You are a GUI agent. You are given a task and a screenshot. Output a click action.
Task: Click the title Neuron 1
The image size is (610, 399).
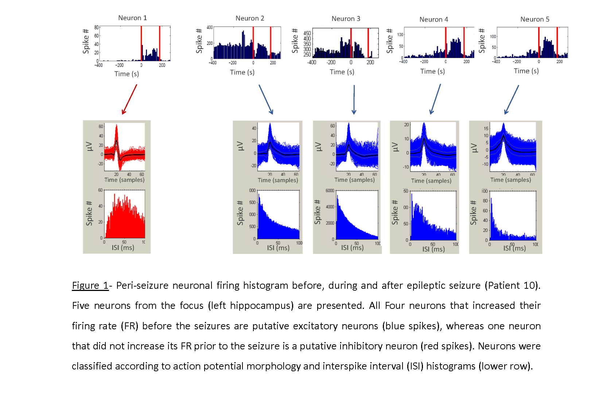(132, 18)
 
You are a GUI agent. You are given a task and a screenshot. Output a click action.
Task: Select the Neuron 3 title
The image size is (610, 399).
(346, 19)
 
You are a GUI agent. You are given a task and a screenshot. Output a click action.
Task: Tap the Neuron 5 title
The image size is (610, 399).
(535, 19)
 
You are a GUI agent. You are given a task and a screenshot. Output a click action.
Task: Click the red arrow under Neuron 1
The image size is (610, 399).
(129, 99)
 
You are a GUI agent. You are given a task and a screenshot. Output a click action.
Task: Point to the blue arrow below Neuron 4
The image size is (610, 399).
(436, 99)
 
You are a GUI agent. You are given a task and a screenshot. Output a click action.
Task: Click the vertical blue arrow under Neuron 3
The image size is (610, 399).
(354, 99)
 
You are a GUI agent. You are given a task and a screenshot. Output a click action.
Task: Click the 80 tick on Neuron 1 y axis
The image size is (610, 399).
(96, 27)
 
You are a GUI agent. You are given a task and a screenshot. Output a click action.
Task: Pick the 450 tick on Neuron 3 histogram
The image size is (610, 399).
(307, 33)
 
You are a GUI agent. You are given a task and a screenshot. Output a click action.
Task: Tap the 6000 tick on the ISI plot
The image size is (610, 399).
(330, 191)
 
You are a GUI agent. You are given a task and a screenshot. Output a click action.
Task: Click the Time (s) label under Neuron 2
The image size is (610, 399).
(242, 72)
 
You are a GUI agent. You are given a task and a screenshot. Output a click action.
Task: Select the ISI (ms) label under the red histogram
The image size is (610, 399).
(123, 248)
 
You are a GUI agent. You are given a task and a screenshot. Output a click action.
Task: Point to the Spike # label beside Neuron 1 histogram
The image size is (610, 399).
(86, 41)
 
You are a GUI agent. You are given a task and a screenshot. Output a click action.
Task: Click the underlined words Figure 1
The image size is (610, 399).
(90, 285)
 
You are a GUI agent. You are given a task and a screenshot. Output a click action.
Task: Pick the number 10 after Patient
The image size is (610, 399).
(529, 285)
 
